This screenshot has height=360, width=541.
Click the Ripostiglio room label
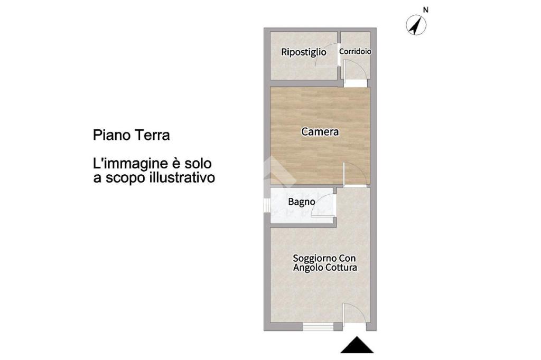point(304,52)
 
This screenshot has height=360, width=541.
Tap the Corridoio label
point(356,51)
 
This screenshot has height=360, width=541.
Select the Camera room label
point(320,131)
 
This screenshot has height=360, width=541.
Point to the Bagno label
point(302,202)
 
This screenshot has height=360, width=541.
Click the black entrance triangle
point(357,345)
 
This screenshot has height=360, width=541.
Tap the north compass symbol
point(416,25)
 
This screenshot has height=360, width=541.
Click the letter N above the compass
point(425,10)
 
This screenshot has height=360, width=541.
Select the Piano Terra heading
point(131,135)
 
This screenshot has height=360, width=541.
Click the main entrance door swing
point(354,314)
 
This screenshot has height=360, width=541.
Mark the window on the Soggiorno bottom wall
point(318,327)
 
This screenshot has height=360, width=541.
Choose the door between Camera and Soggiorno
point(355,174)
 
